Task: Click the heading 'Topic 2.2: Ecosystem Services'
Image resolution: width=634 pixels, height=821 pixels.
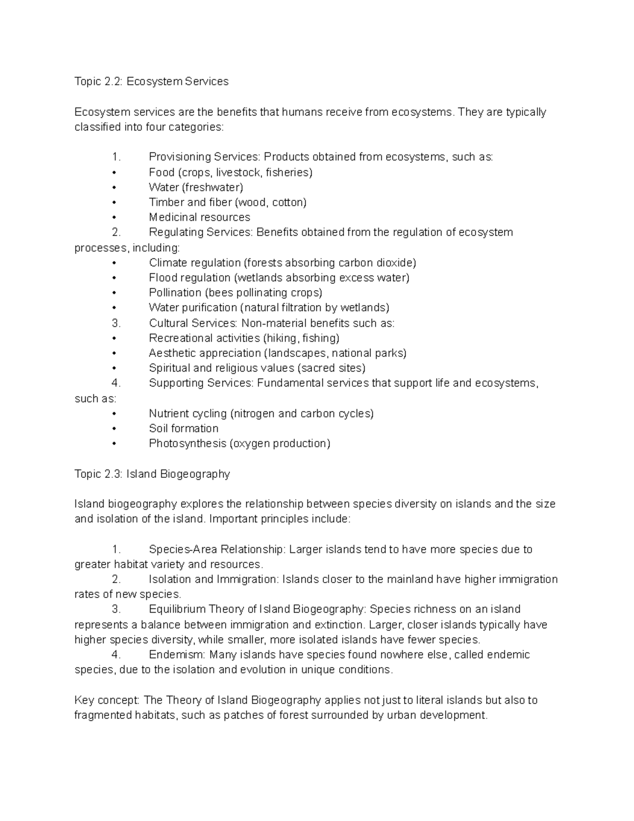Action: click(x=152, y=81)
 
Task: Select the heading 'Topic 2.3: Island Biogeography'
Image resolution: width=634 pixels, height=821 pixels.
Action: click(x=152, y=474)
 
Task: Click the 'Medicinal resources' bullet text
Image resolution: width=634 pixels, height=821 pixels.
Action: click(x=199, y=217)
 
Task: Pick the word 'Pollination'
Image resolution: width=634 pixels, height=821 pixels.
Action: click(x=175, y=292)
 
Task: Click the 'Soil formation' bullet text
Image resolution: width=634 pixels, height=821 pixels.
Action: click(x=183, y=428)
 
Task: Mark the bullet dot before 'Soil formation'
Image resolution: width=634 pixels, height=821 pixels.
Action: click(x=114, y=429)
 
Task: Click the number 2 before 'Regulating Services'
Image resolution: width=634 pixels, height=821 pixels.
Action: click(x=116, y=232)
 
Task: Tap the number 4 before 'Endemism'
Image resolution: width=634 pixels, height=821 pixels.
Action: click(x=116, y=654)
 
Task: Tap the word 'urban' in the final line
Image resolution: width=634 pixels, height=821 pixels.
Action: click(x=401, y=715)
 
